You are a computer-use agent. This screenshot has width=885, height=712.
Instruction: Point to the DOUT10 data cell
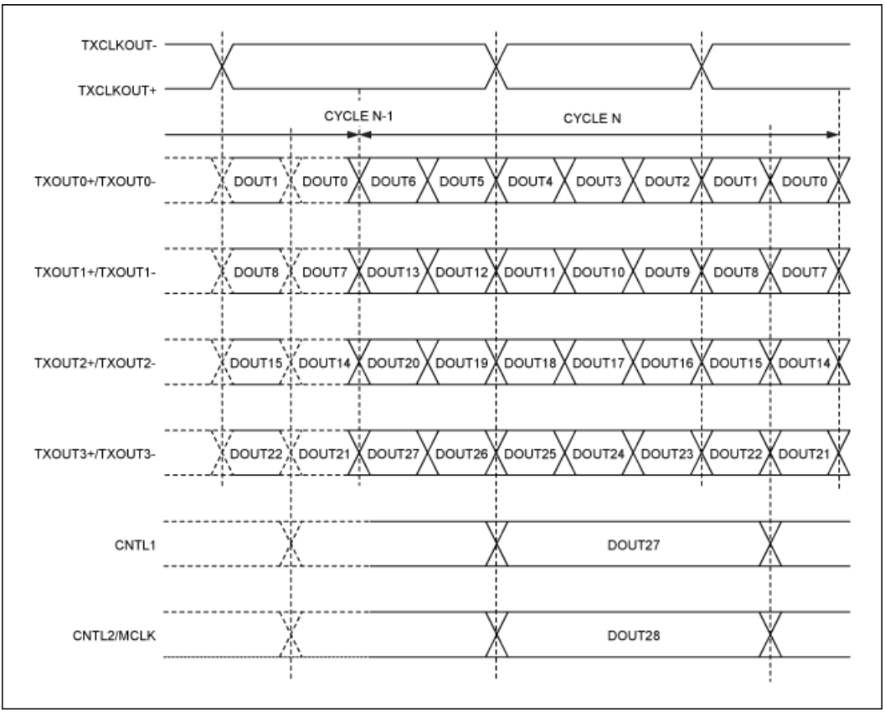point(599,271)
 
